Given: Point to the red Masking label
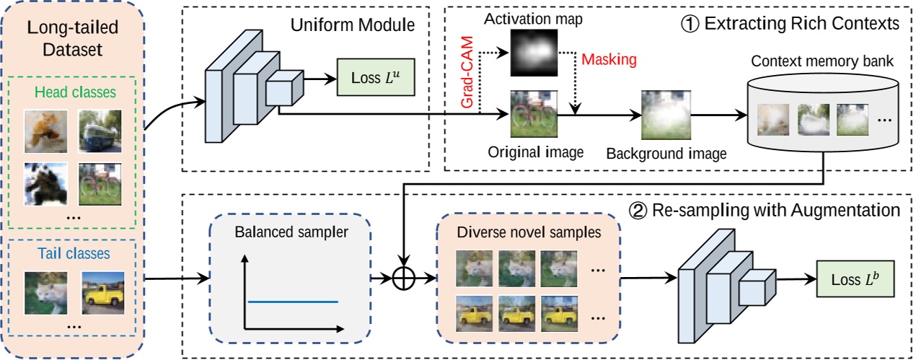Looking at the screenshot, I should pos(609,60).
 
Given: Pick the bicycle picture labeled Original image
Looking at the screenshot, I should pos(534,113).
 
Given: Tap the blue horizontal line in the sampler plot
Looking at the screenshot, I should pos(292,301).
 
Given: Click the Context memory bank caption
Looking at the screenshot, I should pos(821,62).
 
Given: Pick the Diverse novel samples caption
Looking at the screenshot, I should pos(529,233).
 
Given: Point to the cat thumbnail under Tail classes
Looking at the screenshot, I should pos(45,292).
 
